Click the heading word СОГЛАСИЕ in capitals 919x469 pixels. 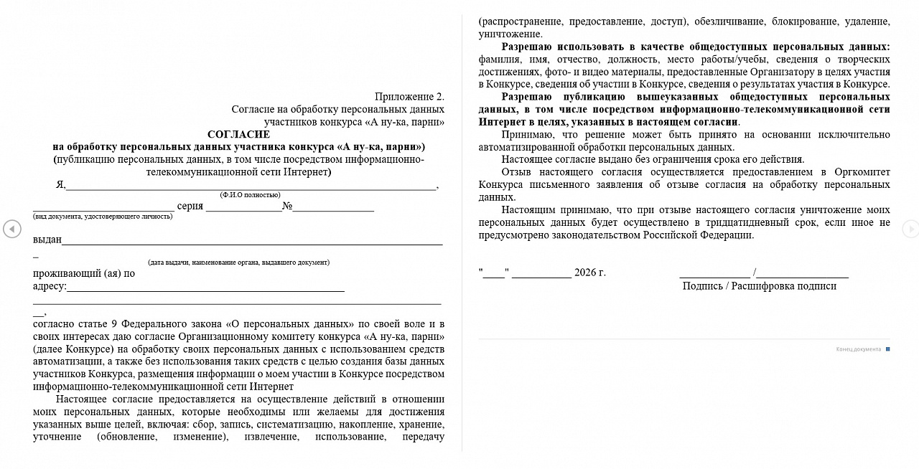pyautogui.click(x=238, y=134)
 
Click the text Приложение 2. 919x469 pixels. pyautogui.click(x=409, y=96)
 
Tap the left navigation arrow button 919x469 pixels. pyautogui.click(x=11, y=229)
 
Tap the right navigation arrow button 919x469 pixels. pyautogui.click(x=910, y=229)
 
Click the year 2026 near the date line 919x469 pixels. pyautogui.click(x=585, y=273)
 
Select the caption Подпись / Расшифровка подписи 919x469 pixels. pyautogui.click(x=759, y=285)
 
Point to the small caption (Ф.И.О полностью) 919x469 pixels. pyautogui.click(x=250, y=195)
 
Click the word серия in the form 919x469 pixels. pyautogui.click(x=190, y=207)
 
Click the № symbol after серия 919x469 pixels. pyautogui.click(x=286, y=207)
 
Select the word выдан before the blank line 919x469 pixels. pyautogui.click(x=47, y=240)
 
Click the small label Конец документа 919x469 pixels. pyautogui.click(x=858, y=349)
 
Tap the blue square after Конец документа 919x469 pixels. pyautogui.click(x=888, y=349)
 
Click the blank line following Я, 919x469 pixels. pyautogui.click(x=251, y=187)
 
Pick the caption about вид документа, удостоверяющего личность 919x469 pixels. pyautogui.click(x=103, y=217)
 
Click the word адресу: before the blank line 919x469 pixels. pyautogui.click(x=50, y=286)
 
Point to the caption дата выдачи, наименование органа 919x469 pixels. pyautogui.click(x=238, y=262)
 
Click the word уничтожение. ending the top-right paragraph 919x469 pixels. pyautogui.click(x=510, y=34)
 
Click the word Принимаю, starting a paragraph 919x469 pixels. pyautogui.click(x=528, y=134)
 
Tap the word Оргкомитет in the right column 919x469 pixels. pyautogui.click(x=862, y=172)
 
